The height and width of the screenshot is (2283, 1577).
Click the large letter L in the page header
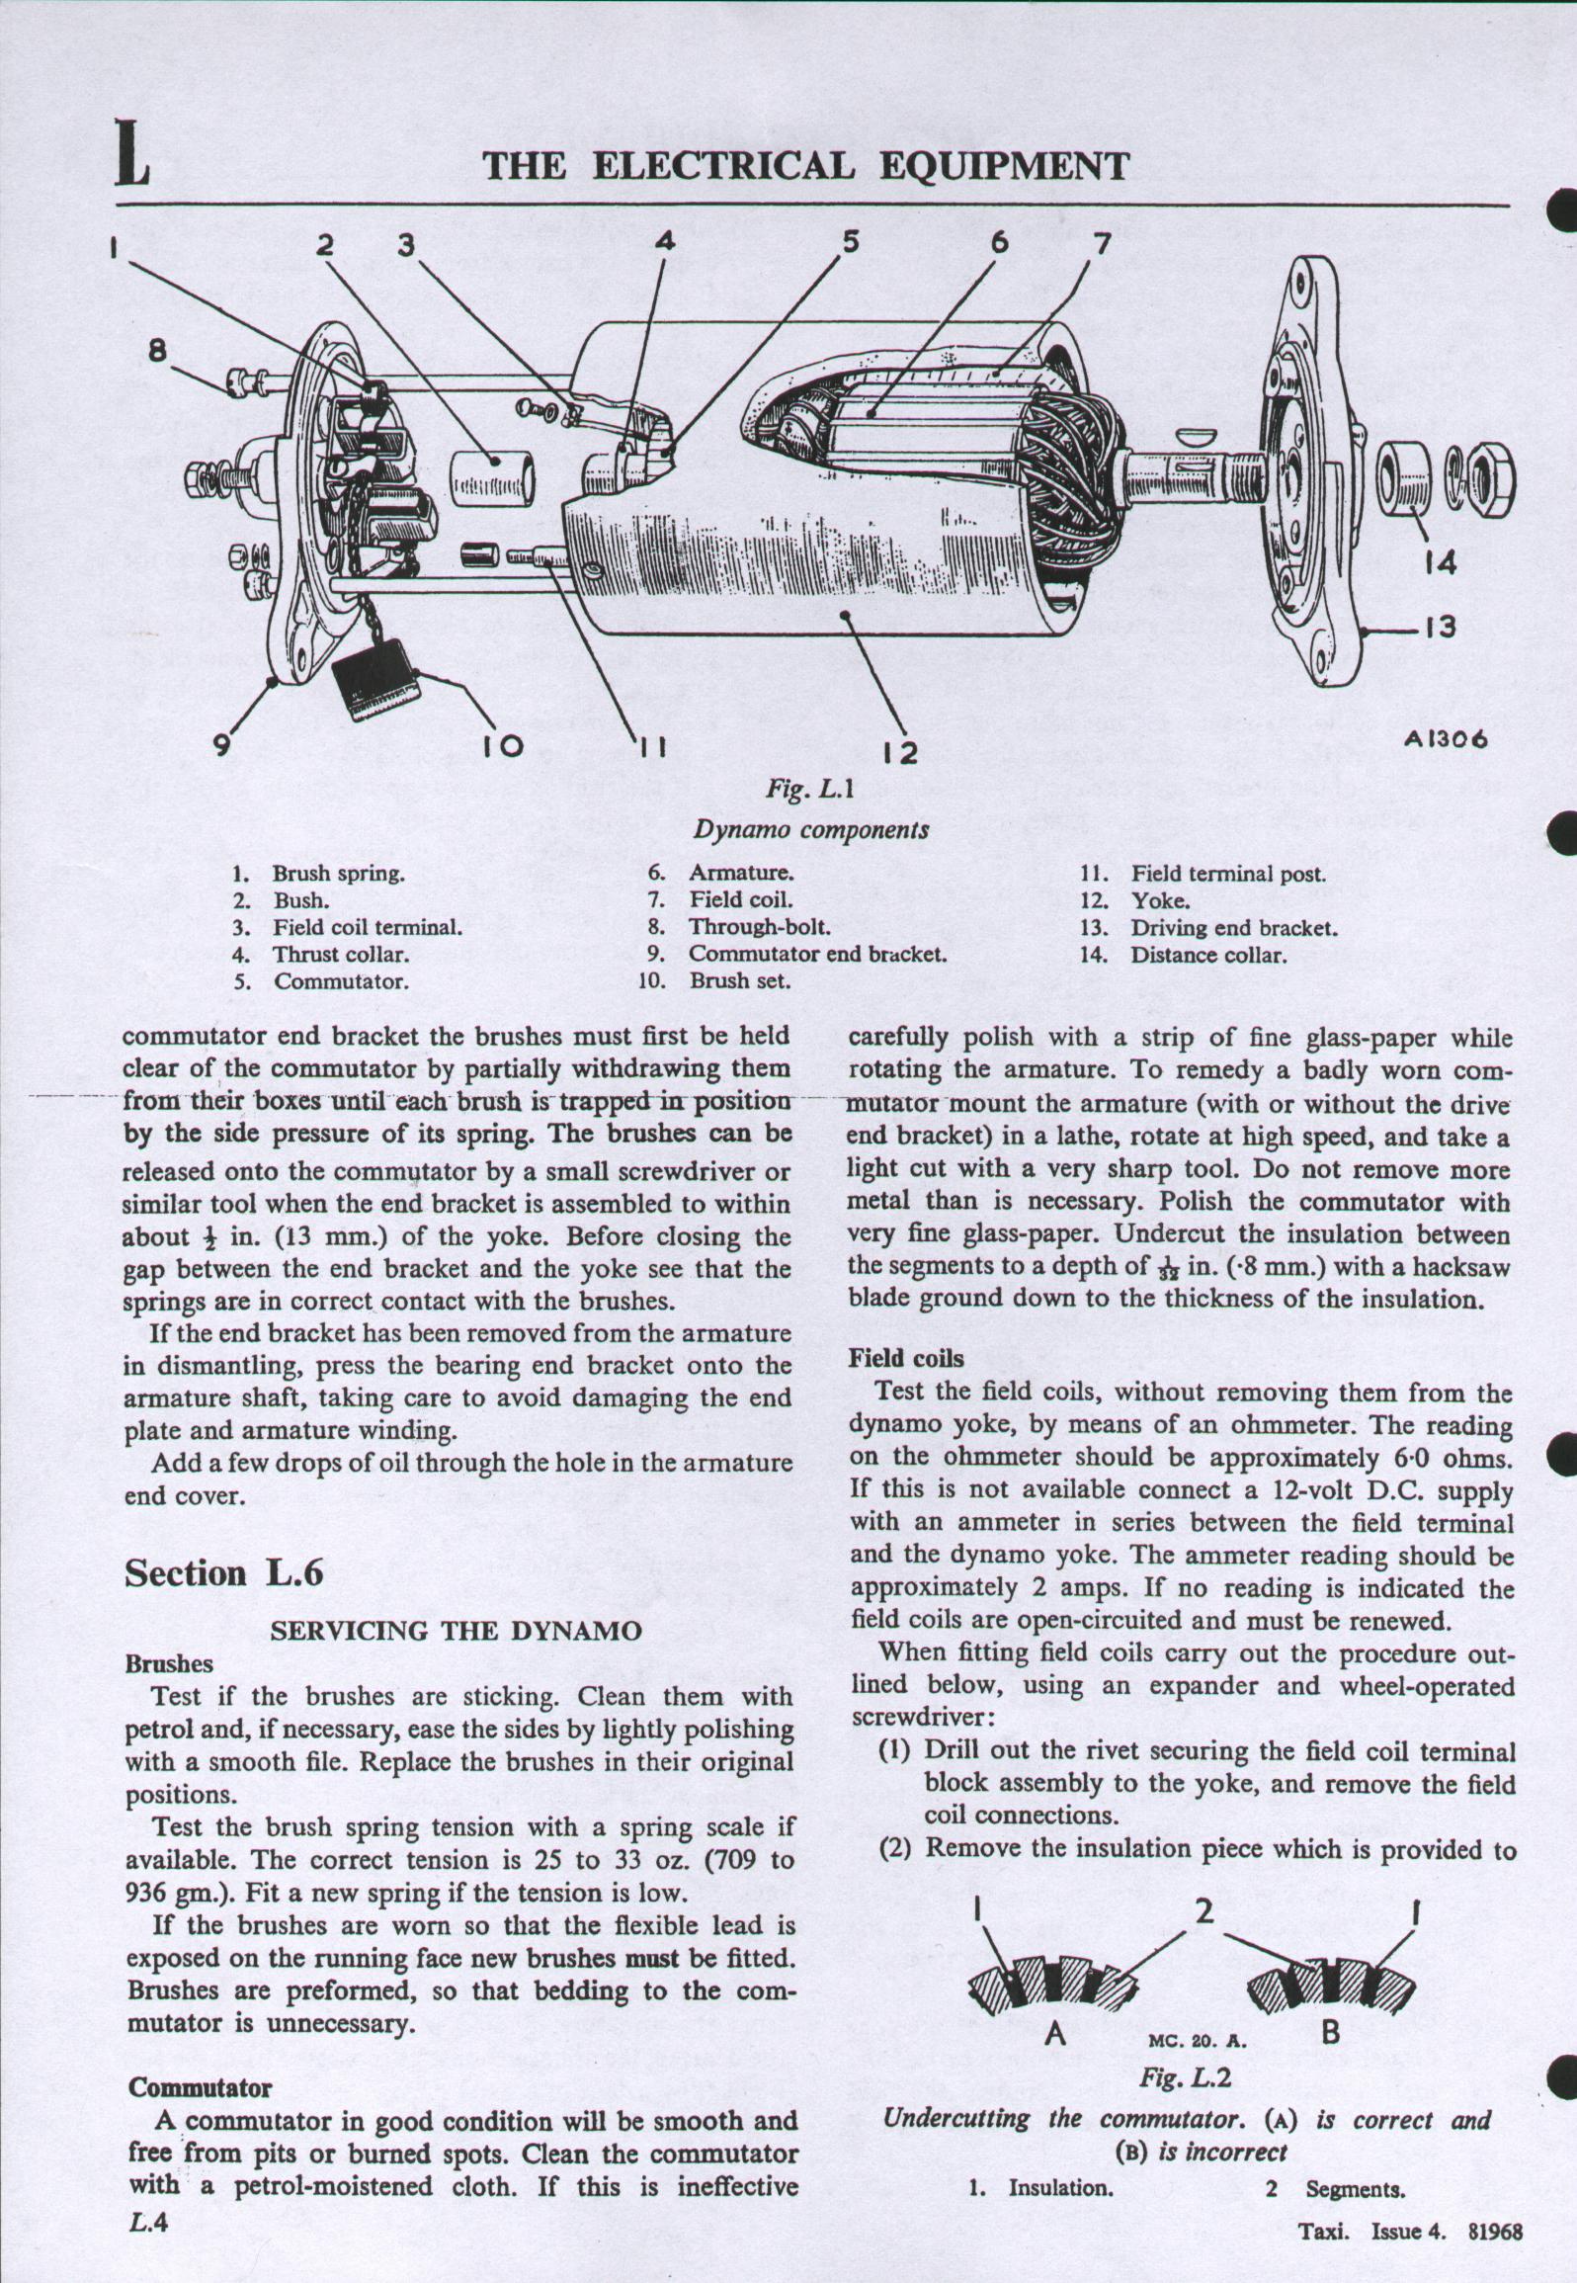coord(132,153)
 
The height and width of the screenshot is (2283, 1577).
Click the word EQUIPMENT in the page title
coord(1003,166)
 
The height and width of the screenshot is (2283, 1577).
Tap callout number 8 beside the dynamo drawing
coord(158,350)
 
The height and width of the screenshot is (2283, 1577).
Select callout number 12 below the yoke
coord(900,753)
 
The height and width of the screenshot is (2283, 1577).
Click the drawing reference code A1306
coord(1446,739)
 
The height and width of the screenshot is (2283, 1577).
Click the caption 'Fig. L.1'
coord(809,789)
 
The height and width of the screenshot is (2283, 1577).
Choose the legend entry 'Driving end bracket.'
coord(1234,928)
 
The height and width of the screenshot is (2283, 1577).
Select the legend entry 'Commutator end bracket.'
coord(818,954)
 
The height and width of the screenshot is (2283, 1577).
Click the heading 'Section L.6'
coord(223,1572)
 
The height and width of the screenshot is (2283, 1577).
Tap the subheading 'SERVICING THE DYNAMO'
coord(456,1632)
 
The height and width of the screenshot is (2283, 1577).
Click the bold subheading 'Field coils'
coord(906,1359)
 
